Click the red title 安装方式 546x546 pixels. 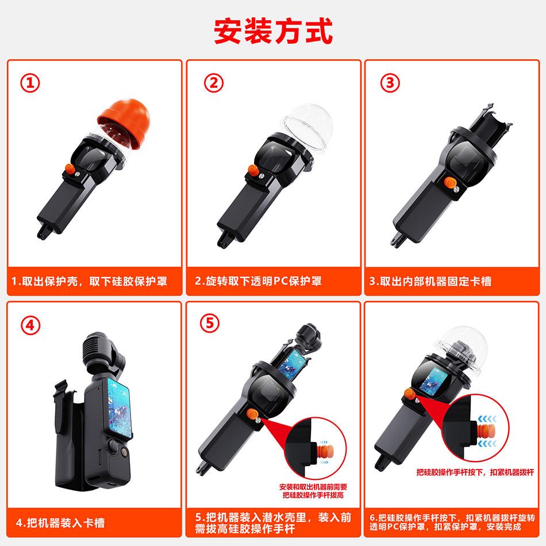click(x=274, y=32)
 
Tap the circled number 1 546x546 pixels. click(x=30, y=83)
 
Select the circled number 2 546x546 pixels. click(x=213, y=83)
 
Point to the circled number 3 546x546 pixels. click(x=390, y=83)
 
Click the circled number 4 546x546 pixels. click(x=30, y=325)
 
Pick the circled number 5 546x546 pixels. click(x=210, y=323)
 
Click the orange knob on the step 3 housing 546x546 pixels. click(x=450, y=183)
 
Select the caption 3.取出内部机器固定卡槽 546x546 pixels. click(x=430, y=282)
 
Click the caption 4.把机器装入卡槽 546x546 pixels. click(x=60, y=522)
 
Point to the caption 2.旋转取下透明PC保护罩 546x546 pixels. click(x=259, y=281)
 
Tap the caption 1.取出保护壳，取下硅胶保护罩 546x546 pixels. click(x=90, y=282)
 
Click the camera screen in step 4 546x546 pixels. click(x=120, y=407)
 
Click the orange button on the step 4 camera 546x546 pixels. click(x=124, y=452)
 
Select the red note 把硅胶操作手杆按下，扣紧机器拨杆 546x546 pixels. click(x=475, y=472)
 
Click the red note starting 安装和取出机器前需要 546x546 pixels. click(x=313, y=491)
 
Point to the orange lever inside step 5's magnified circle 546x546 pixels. click(x=325, y=452)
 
